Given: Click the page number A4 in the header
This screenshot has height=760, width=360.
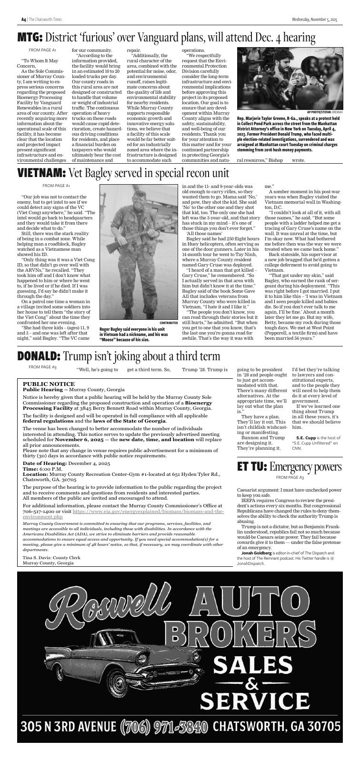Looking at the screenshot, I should click(x=23, y=20).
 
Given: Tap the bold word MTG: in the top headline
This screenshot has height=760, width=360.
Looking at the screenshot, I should click(x=30, y=37).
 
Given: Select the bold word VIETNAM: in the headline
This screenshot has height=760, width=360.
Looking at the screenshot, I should click(x=41, y=173).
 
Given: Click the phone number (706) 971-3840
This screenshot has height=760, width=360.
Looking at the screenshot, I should click(x=164, y=726).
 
